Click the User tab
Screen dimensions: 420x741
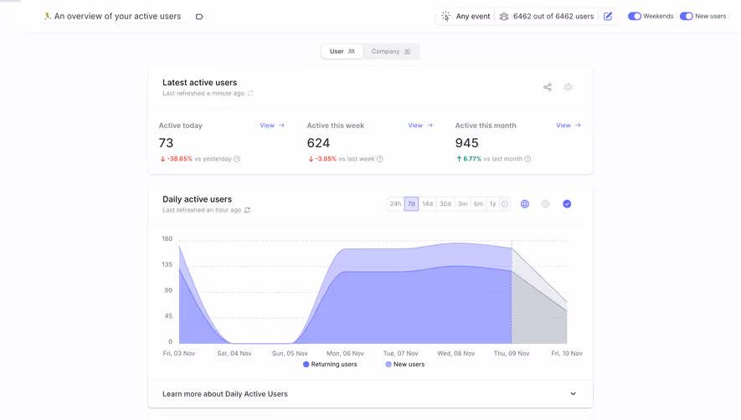[x=342, y=52]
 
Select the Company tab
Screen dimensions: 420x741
[x=391, y=52]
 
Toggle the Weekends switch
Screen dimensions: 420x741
[x=635, y=16]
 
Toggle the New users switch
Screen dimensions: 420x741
[x=686, y=16]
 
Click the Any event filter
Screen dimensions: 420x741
[x=466, y=16]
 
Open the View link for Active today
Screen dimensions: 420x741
[x=271, y=125]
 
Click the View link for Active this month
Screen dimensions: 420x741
[x=568, y=125]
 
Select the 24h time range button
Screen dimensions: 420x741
[x=395, y=204]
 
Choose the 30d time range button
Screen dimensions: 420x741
[x=445, y=204]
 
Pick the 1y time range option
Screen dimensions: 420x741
[x=492, y=204]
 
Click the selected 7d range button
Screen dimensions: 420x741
[x=411, y=204]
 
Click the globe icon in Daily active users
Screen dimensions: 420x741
[x=525, y=204]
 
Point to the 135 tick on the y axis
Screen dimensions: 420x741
[x=167, y=264]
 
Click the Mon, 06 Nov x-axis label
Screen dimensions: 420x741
[x=345, y=353]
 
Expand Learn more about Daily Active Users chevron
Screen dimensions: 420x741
[x=573, y=394]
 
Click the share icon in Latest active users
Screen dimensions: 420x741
[x=548, y=87]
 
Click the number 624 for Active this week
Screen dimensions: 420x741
[x=318, y=143]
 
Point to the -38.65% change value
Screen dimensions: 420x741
[x=179, y=159]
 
